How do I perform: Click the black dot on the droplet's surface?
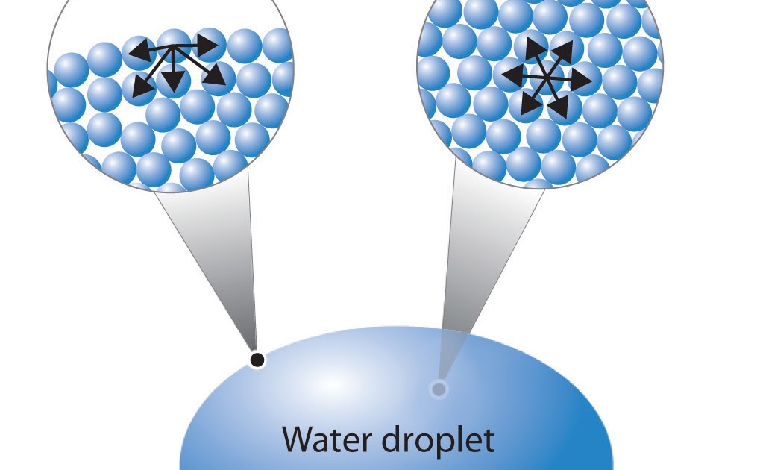pyautogui.click(x=257, y=360)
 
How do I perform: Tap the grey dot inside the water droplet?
pyautogui.click(x=439, y=389)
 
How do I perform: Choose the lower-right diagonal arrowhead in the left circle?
pyautogui.click(x=216, y=75)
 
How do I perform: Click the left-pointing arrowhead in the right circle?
pyautogui.click(x=512, y=74)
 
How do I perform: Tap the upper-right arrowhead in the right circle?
pyautogui.click(x=564, y=51)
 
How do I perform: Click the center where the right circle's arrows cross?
pyautogui.click(x=547, y=77)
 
